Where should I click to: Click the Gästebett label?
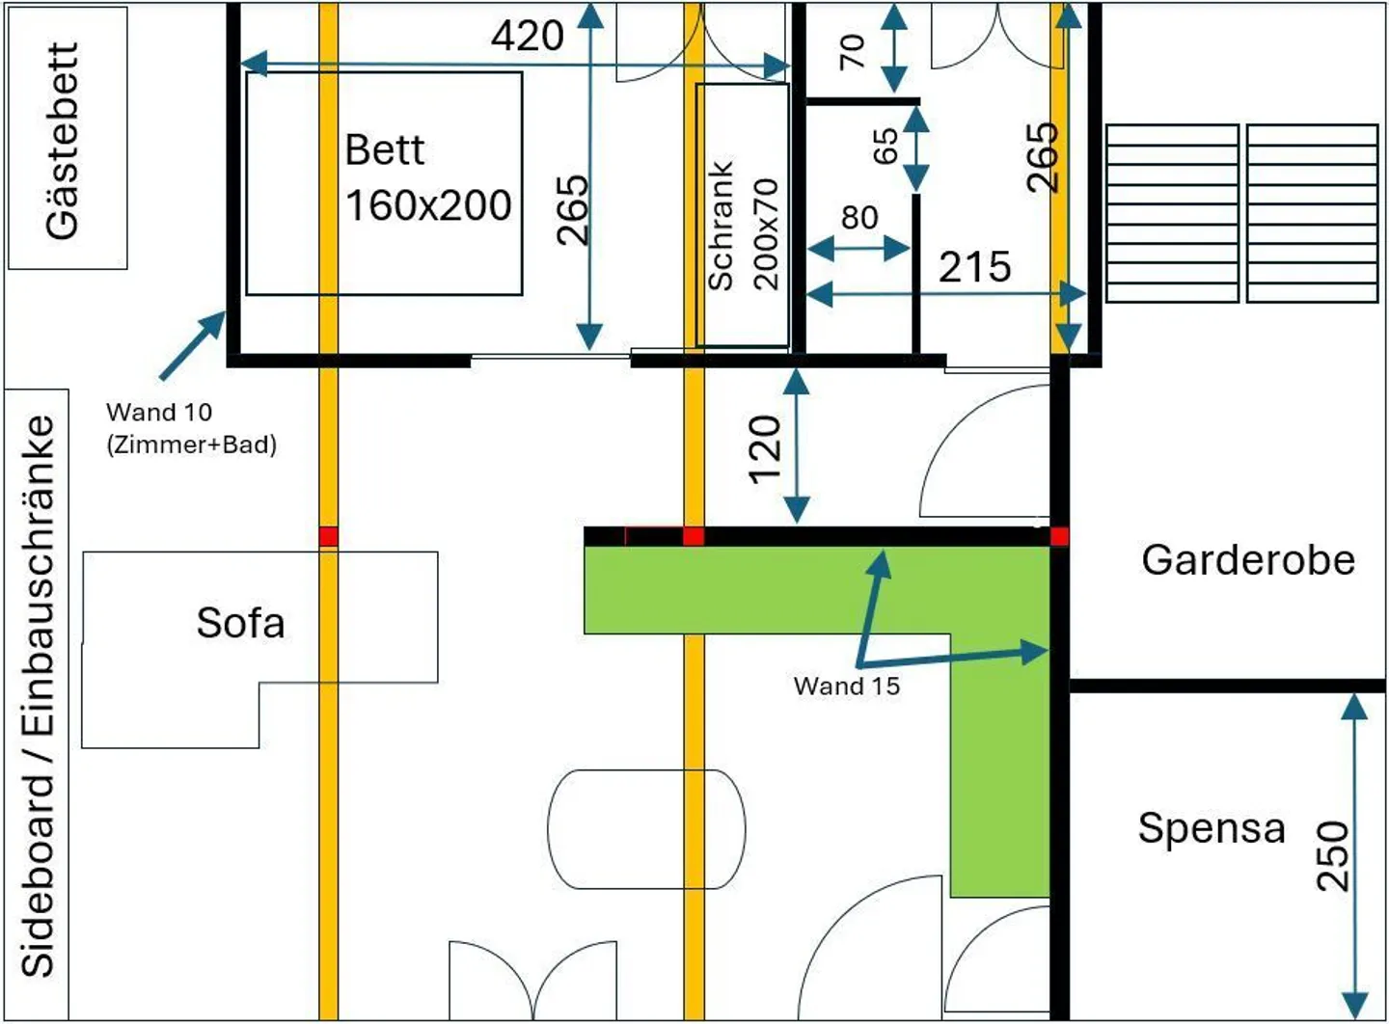pos(63,140)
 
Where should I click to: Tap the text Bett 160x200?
pos(427,178)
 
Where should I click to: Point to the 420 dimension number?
pos(528,36)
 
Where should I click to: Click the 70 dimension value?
pos(853,51)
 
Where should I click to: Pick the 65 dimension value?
pos(885,147)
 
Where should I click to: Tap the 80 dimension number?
pos(858,218)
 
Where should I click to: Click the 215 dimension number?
pos(974,267)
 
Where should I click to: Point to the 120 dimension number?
pos(764,448)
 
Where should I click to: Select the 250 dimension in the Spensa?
pos(1332,855)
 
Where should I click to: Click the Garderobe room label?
pos(1248,560)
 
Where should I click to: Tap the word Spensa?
pos(1212,828)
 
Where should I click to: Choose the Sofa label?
pos(241,623)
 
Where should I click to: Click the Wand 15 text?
pos(847,687)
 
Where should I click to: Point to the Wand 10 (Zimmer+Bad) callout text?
pos(191,428)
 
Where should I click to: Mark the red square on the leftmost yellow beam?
pos(329,536)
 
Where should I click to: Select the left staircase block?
pos(1172,213)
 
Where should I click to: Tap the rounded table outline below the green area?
pos(645,828)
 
